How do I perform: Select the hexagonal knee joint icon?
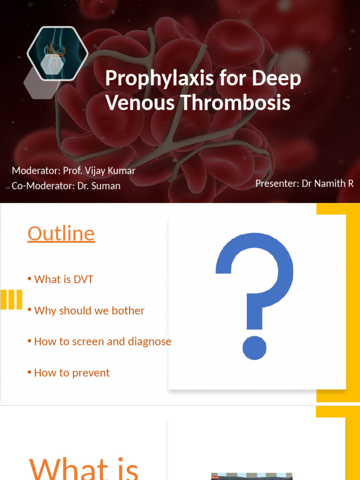[x=57, y=53]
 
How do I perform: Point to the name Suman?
[x=105, y=186]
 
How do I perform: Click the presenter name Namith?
[x=330, y=183]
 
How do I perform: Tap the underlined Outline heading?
[x=61, y=233]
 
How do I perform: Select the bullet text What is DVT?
[x=64, y=279]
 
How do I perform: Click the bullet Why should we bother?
[x=89, y=310]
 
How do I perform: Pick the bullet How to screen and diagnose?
[x=103, y=342]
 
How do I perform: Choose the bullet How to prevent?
[x=72, y=373]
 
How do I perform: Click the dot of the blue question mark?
[x=254, y=348]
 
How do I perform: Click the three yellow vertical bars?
[x=11, y=300]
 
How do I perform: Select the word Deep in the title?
[x=277, y=79]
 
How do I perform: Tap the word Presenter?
[x=276, y=183]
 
